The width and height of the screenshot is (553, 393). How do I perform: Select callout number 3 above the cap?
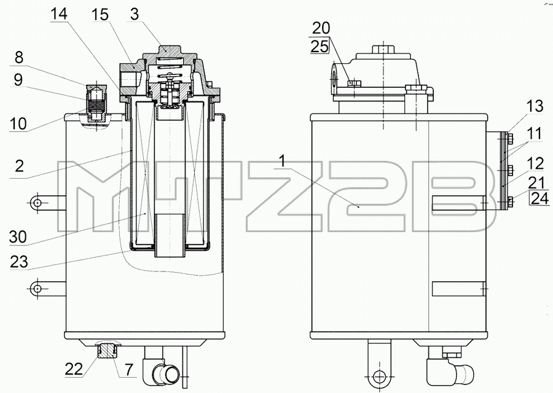pos(135,14)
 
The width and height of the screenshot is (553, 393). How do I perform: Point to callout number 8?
pos(18,57)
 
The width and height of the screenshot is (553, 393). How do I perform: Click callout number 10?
pos(18,123)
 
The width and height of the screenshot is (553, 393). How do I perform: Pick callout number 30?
pos(18,237)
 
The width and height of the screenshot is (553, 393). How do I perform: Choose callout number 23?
pos(18,262)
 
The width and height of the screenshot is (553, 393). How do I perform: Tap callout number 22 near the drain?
pos(74,369)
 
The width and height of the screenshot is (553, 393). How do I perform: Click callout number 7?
pos(129,370)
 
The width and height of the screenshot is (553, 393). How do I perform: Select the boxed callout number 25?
pos(320,46)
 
